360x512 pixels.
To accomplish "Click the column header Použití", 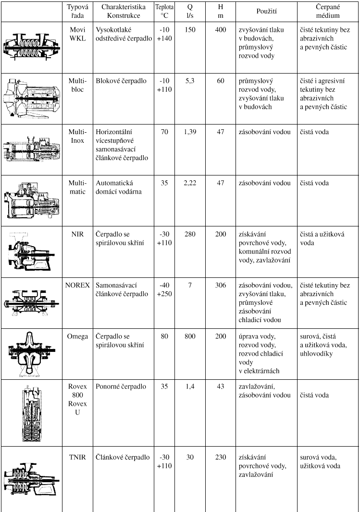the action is pos(266,12).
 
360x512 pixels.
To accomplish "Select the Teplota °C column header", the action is pos(164,11).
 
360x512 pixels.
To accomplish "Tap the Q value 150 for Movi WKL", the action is pos(190,30).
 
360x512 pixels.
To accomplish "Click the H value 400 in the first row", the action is pos(221,30).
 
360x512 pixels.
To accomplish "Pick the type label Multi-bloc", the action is pos(78,85).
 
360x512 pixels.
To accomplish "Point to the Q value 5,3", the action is pos(190,81).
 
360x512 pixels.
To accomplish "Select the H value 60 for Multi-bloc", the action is pos(221,81).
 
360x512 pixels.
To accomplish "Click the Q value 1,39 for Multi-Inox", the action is pos(190,132).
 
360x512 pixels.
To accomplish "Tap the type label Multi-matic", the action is pos(78,187).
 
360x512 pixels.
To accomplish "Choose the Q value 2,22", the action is pos(190,183).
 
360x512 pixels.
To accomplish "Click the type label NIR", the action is pos(78,234).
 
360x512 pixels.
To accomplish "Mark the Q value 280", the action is pos(190,234).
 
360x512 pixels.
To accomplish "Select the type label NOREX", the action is pos(77,285).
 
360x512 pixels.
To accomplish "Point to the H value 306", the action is pos(221,285).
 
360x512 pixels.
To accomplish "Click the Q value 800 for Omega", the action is pos(190,337).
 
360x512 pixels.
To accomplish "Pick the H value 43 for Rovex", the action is pos(221,387).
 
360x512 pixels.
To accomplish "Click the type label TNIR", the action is pos(78,457).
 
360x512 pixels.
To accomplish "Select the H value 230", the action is pos(221,457).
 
